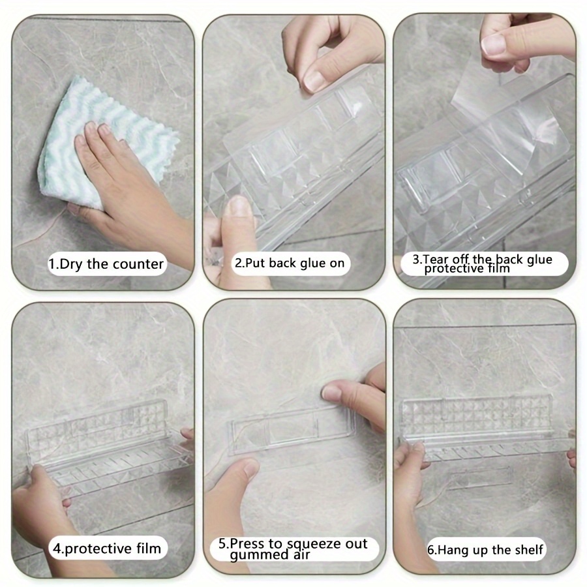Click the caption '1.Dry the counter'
pos(106,264)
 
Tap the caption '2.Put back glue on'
pos(290,263)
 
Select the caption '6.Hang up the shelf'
pos(485,550)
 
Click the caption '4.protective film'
pos(107,549)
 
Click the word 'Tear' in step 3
pos(436,259)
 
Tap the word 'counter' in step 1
pos(138,264)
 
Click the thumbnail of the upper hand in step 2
pos(314,82)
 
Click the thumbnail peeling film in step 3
pos(494,44)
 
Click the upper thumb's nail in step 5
pos(332,392)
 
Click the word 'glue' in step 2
pos(314,263)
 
